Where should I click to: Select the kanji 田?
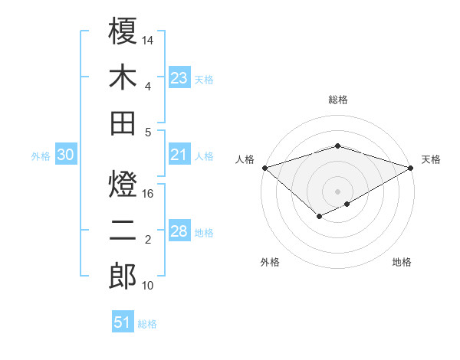123,123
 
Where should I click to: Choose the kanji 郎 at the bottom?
123,277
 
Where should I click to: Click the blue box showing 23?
179,77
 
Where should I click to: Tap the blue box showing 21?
179,155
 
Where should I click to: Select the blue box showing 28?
179,232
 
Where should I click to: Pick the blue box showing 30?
65,155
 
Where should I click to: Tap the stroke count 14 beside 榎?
149,39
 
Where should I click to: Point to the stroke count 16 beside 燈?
149,194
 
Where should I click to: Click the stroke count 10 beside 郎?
149,286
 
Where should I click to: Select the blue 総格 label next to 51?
147,324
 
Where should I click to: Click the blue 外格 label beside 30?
41,155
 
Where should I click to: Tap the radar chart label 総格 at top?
337,100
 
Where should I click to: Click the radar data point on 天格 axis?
410,167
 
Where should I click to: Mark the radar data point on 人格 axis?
264,167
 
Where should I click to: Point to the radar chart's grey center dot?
337,191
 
